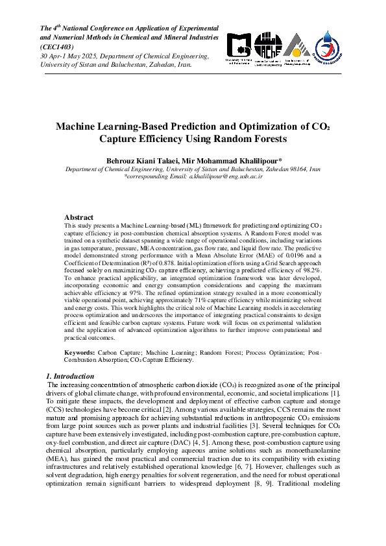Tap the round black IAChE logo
tap(267, 47)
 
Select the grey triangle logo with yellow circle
tap(296, 48)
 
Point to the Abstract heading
tap(78, 217)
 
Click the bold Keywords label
tap(80, 352)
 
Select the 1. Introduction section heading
tap(71, 376)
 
